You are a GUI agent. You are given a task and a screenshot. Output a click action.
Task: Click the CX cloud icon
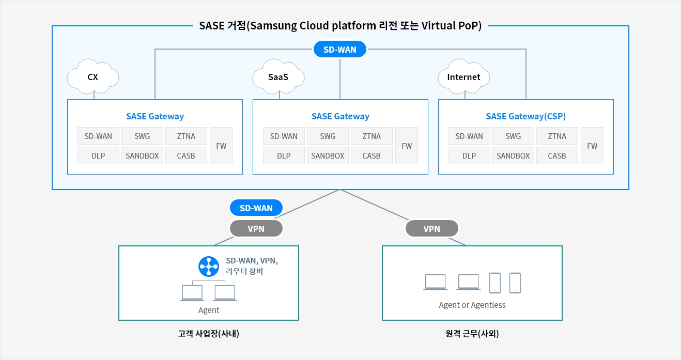click(x=93, y=77)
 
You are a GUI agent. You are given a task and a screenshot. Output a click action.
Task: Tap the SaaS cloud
click(x=278, y=77)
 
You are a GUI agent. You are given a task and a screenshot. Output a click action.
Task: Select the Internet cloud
click(x=463, y=77)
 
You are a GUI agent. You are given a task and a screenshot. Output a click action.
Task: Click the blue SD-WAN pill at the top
click(x=340, y=50)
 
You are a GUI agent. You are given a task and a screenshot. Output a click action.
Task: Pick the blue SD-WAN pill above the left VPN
click(x=256, y=208)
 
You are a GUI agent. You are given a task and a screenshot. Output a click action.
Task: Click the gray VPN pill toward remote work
click(x=432, y=228)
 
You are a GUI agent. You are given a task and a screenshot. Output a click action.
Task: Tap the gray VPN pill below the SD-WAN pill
click(x=256, y=228)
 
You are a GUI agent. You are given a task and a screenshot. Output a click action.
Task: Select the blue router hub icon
click(x=209, y=267)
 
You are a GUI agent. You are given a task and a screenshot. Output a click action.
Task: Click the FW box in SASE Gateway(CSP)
click(x=592, y=146)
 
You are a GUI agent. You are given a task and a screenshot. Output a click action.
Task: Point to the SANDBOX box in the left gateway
click(x=142, y=155)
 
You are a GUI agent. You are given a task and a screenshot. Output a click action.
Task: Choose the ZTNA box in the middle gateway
click(x=372, y=136)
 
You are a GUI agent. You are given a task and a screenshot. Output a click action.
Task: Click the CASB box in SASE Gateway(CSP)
click(x=557, y=155)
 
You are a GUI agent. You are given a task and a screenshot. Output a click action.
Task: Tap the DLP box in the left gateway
click(x=98, y=155)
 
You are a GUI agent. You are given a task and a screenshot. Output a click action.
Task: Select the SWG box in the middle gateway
click(x=328, y=136)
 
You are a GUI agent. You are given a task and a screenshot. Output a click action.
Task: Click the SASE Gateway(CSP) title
click(x=526, y=116)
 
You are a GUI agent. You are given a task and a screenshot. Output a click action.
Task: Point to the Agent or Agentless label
click(x=472, y=305)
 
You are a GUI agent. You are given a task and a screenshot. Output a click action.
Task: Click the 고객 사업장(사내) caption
click(x=209, y=334)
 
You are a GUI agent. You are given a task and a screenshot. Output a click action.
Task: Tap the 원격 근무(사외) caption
click(x=472, y=334)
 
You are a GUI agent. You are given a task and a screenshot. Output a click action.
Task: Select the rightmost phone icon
click(x=515, y=283)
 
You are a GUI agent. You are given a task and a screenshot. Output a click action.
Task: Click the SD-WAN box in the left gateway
click(x=98, y=136)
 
